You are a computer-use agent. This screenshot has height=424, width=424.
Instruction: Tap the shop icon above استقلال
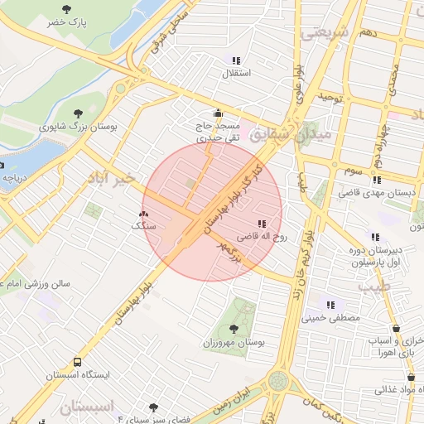[236, 60]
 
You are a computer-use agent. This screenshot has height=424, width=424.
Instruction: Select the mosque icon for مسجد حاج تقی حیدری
[218, 113]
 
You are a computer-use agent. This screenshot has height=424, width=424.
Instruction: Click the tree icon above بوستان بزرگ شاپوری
[79, 113]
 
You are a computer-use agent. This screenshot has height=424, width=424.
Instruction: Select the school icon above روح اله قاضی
[263, 223]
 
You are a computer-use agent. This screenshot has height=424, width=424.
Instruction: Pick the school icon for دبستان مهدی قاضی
[377, 180]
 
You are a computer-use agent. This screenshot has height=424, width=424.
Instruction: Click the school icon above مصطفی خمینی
[331, 304]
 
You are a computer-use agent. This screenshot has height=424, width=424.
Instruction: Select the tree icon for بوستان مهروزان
[234, 329]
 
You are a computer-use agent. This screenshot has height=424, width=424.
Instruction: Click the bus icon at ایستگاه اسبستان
[77, 362]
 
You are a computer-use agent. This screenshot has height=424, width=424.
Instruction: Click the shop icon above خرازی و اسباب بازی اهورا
[395, 328]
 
